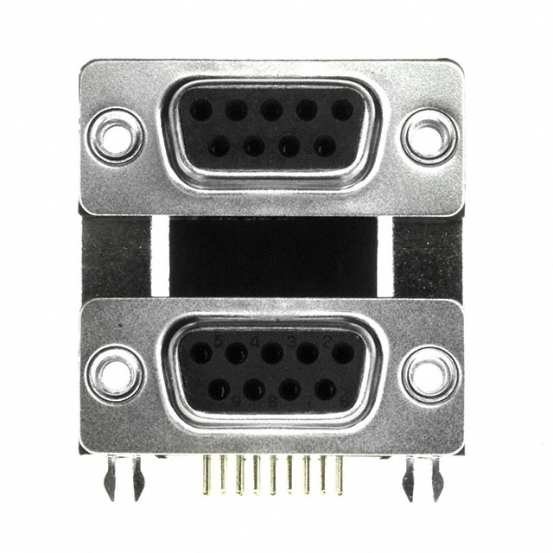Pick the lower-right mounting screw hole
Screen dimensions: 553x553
(429, 373)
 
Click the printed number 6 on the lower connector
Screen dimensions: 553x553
(344, 399)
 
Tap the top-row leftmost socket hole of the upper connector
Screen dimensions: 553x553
(201, 110)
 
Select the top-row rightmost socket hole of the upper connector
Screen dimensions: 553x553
(342, 110)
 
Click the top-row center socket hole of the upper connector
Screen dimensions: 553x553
(272, 110)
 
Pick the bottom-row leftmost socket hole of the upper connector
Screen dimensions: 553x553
(219, 146)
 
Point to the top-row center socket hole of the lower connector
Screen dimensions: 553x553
(272, 353)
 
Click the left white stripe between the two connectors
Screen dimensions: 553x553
(160, 257)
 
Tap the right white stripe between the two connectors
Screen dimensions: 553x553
(385, 257)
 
